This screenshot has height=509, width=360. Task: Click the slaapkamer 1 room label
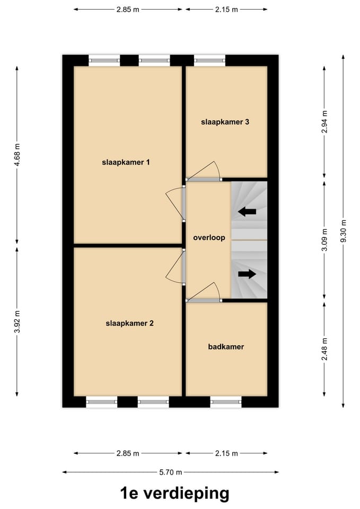tap(126, 162)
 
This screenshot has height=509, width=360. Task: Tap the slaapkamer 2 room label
tap(129, 322)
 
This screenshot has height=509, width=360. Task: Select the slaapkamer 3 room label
tap(225, 122)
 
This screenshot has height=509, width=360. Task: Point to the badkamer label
tap(226, 347)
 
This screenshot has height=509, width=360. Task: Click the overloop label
tap(209, 238)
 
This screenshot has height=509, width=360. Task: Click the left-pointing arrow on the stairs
tap(247, 212)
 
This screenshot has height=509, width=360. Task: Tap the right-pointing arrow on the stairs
tap(247, 274)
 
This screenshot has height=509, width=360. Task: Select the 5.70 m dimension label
tap(170, 472)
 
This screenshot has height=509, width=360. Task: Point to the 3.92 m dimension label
tap(17, 321)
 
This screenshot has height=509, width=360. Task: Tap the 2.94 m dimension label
tap(324, 121)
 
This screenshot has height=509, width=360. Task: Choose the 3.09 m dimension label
tap(324, 240)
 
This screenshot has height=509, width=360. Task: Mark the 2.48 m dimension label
tap(324, 349)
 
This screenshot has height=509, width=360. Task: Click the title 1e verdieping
tap(174, 494)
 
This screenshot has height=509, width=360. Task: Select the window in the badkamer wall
tap(226, 402)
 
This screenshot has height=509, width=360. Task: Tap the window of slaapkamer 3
tap(209, 60)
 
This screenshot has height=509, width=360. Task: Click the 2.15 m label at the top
tap(226, 10)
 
